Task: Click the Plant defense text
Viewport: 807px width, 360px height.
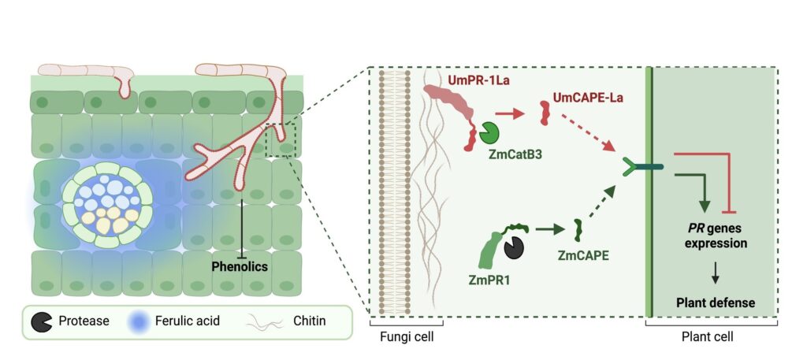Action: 716,302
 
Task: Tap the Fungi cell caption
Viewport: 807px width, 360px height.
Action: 405,337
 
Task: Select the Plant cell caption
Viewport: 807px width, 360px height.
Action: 712,337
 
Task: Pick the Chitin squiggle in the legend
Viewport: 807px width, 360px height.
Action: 264,321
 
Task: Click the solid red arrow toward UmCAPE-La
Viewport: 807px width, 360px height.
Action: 512,115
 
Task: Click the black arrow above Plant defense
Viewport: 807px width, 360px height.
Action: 716,273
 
